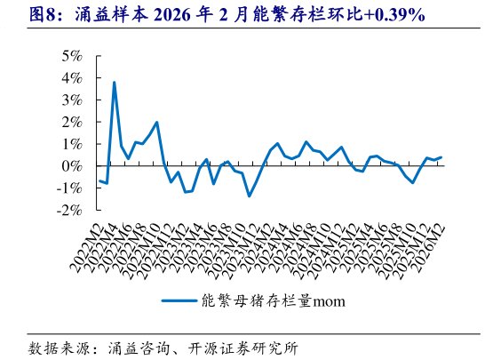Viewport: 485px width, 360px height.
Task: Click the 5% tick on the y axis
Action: [71, 55]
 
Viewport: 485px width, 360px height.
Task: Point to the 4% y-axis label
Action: [71, 77]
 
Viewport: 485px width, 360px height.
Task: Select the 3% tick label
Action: [71, 100]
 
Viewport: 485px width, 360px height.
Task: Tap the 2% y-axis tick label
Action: [71, 122]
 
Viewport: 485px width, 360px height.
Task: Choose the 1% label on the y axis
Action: [71, 144]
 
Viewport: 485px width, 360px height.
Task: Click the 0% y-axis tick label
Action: [71, 166]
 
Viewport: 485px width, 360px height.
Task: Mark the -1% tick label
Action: [68, 188]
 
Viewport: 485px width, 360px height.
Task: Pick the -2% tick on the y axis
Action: [68, 211]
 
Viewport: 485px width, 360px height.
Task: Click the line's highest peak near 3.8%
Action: [114, 83]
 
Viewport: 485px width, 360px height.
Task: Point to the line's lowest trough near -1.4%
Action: [249, 196]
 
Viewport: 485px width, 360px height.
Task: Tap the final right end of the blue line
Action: [441, 157]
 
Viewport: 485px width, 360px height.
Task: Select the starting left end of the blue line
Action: [99, 180]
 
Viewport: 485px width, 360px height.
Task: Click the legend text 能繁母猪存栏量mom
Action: [274, 300]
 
